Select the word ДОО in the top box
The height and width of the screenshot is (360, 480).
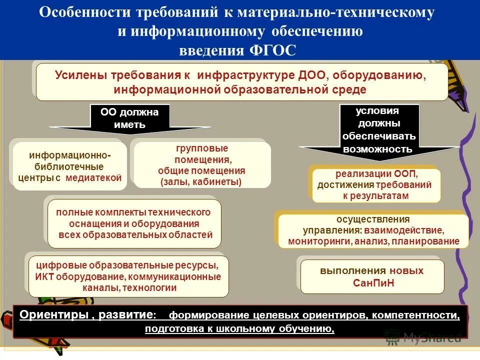point(312,75)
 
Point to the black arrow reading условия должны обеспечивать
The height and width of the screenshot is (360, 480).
point(378,131)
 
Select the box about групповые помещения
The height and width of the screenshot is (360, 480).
point(202,165)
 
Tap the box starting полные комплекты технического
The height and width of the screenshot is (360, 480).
point(134,223)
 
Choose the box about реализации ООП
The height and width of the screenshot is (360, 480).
point(376,185)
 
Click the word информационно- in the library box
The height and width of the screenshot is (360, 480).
point(70,155)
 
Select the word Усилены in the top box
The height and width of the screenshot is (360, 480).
point(82,75)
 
